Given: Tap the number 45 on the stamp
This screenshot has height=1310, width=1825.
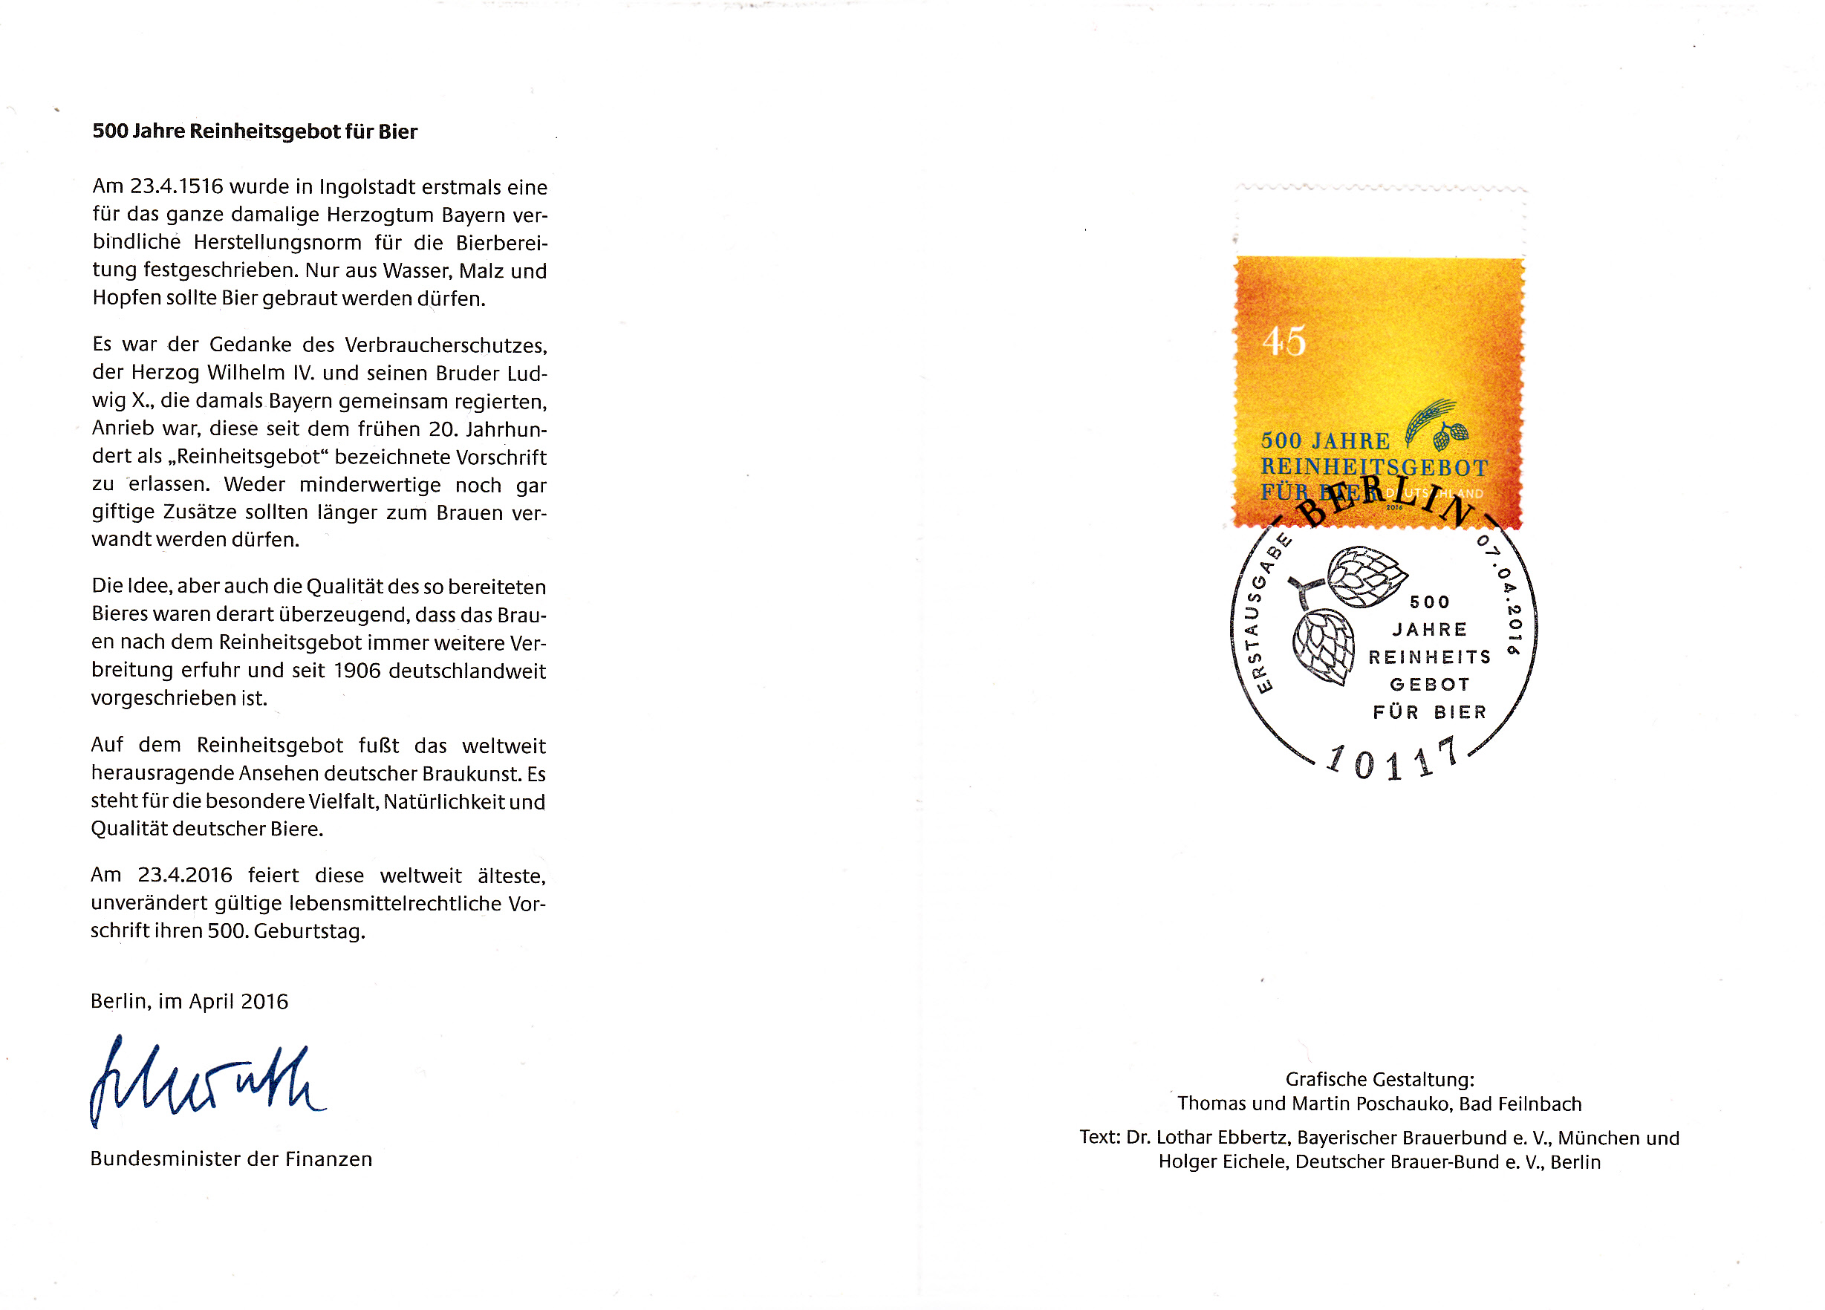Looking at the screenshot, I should pos(1284,341).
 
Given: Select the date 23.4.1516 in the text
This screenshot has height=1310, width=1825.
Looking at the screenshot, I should pos(176,186).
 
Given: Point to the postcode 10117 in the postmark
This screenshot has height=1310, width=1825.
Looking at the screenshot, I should pos(1391,760).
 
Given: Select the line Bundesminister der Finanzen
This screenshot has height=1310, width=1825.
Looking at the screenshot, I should pos(231,1159).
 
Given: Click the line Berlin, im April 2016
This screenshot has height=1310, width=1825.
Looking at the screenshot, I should pos(189,1001).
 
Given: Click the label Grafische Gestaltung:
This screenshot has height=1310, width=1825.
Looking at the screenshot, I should pos(1379,1079).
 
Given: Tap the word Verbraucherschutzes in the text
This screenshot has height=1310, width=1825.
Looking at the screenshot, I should pos(446,345).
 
